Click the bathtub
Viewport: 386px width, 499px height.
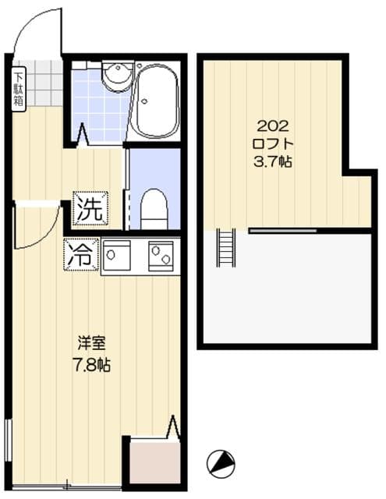coord(157,101)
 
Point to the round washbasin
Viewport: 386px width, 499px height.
coord(117,75)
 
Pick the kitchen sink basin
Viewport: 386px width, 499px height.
coord(119,256)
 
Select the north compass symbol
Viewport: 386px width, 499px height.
coord(221,462)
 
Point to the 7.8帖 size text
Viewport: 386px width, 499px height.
coord(91,364)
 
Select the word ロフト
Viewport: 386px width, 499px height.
coord(272,144)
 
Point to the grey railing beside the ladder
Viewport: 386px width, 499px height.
coord(282,231)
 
